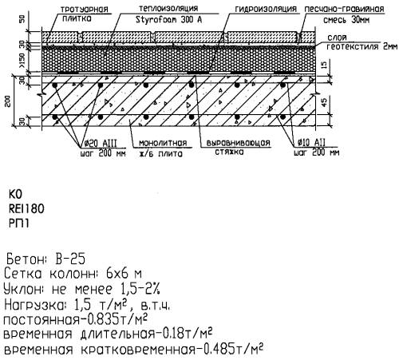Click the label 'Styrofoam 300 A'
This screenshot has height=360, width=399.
click(169, 20)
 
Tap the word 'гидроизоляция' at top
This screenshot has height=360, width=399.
click(266, 9)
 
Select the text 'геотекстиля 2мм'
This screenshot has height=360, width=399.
click(362, 46)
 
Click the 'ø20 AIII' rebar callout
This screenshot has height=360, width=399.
click(101, 144)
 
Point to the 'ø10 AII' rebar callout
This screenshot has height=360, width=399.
click(311, 143)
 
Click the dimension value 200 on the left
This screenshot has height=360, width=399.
click(8, 101)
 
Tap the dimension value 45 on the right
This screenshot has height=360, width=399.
click(325, 101)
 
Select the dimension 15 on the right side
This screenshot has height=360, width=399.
click(325, 64)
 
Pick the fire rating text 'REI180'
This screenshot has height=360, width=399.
click(26, 209)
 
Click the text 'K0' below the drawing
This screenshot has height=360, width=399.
click(15, 195)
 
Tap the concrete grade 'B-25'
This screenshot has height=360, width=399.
click(70, 259)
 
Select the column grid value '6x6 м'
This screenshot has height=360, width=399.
click(124, 274)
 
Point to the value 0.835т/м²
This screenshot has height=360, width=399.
click(117, 319)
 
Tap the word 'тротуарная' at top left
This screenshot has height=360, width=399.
click(85, 10)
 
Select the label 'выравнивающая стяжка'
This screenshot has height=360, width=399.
click(238, 147)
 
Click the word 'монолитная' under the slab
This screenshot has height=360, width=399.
click(163, 143)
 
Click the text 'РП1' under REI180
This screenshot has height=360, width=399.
click(18, 224)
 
